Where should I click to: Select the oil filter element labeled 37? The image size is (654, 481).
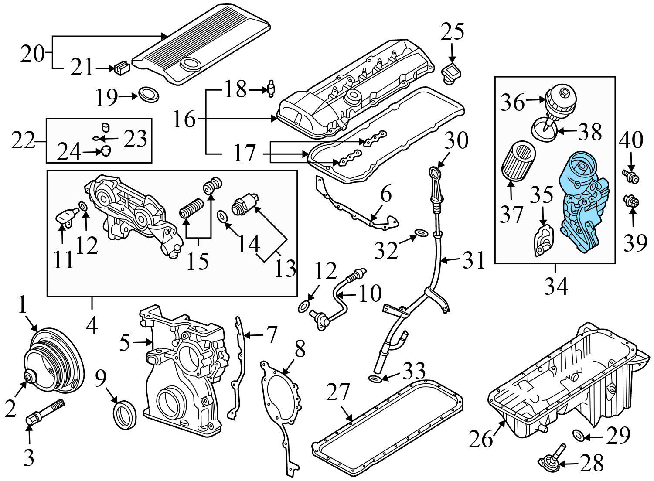pos(518,164)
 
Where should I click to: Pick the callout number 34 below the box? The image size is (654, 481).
pos(555,287)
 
